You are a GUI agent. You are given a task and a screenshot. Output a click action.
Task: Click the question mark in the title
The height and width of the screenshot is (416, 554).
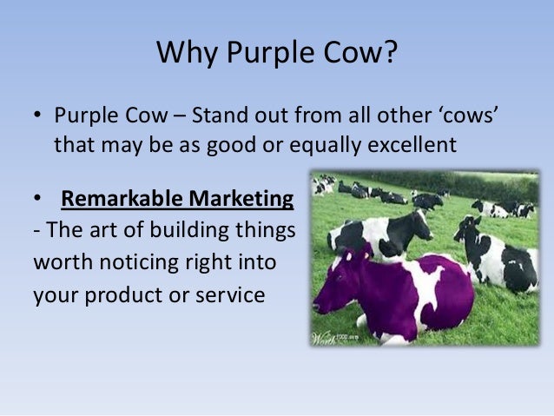390,52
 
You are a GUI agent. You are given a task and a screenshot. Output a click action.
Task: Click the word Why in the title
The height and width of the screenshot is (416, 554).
187,53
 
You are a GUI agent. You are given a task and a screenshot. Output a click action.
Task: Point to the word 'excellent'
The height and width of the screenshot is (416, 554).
412,145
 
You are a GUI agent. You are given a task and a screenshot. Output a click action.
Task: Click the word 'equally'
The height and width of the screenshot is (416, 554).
325,146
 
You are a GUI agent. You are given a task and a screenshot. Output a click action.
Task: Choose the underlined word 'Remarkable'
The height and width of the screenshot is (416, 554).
122,198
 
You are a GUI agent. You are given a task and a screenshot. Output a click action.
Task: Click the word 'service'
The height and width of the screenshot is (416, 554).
230,295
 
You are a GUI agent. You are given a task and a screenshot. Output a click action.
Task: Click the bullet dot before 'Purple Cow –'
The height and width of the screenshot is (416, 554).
37,115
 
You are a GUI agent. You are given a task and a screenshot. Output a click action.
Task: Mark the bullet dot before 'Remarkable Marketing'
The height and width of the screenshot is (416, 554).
37,198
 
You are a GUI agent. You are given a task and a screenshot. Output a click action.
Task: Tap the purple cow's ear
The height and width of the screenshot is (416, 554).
349,255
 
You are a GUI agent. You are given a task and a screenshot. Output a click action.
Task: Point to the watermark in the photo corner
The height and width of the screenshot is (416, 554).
334,339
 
